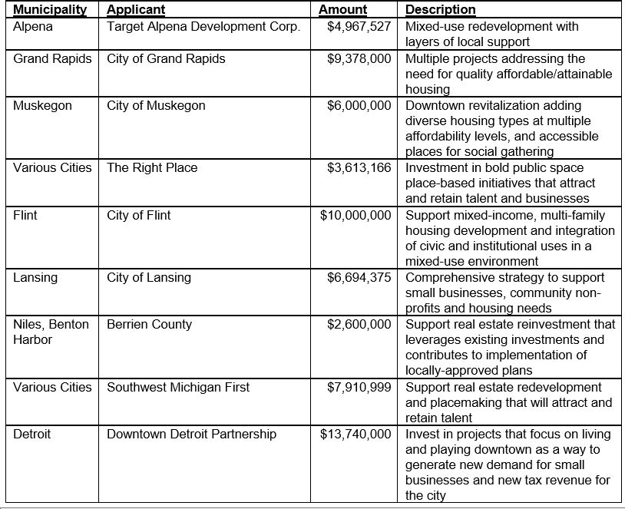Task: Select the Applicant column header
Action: click(136, 10)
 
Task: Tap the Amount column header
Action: click(342, 10)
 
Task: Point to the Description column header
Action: click(440, 10)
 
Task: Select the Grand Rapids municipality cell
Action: click(52, 59)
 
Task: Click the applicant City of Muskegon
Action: click(156, 106)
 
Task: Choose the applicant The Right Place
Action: click(152, 168)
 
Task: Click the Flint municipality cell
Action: click(25, 215)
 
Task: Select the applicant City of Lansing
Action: click(149, 277)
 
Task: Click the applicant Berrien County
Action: click(147, 325)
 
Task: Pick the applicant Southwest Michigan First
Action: click(178, 387)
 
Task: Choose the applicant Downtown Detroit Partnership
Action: click(191, 435)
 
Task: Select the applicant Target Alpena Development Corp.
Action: click(203, 26)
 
